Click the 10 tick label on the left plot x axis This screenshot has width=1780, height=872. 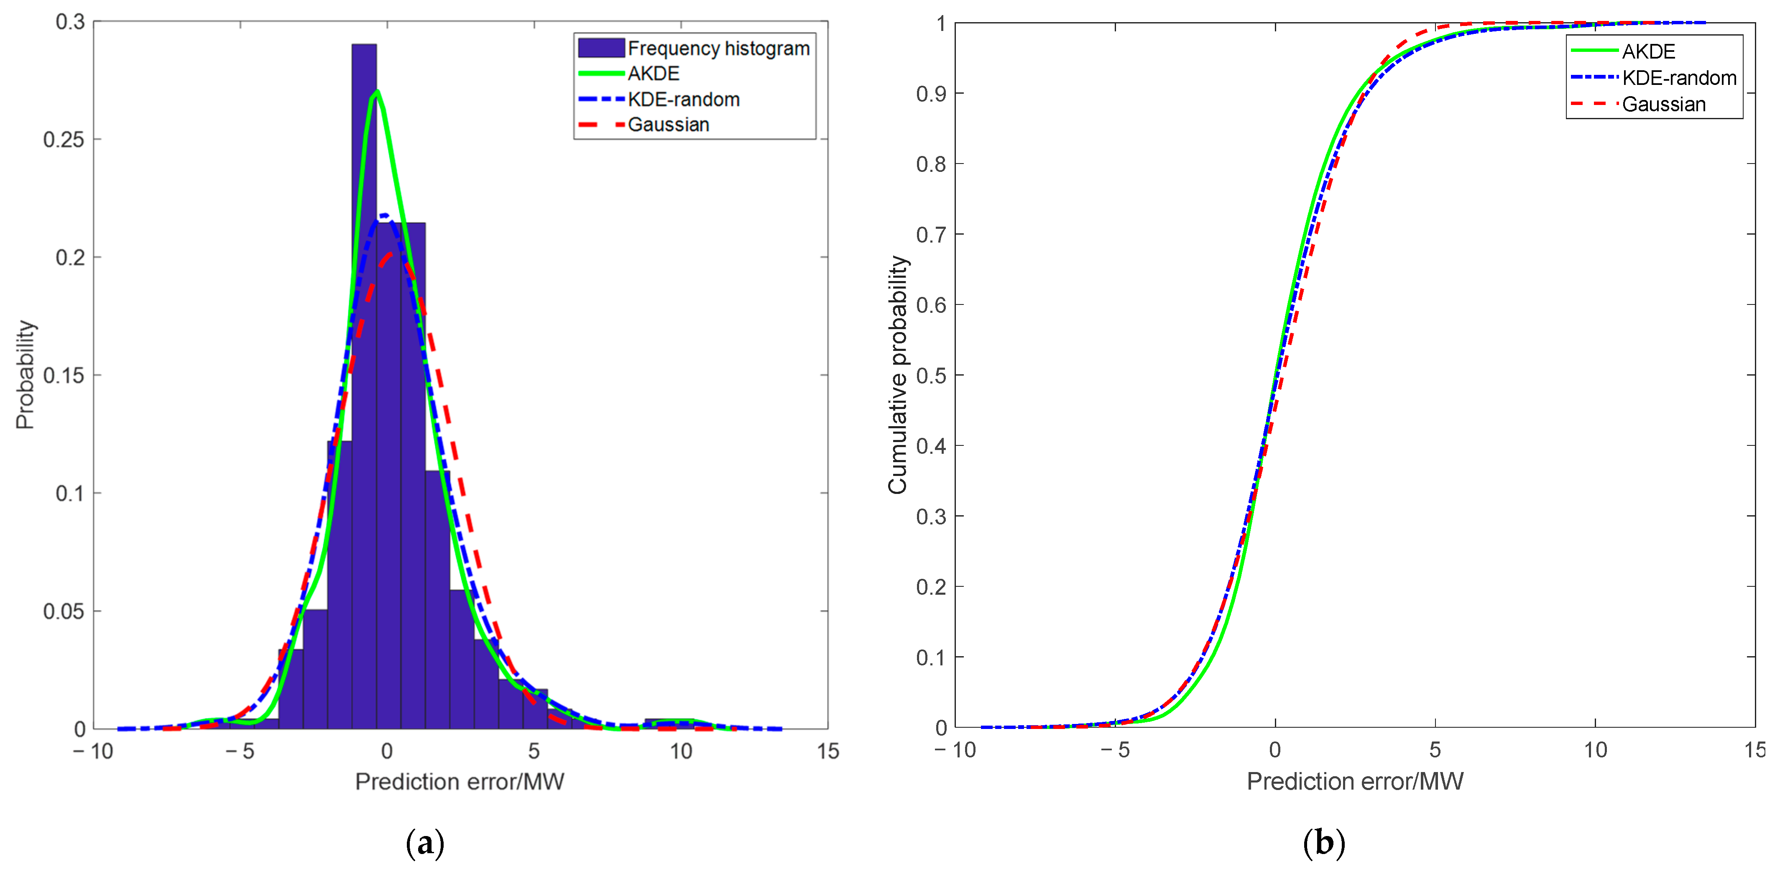coord(681,751)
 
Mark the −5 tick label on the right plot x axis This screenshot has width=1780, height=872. coord(1115,750)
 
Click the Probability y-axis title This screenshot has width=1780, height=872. coord(26,374)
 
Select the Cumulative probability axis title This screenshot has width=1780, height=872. coord(898,374)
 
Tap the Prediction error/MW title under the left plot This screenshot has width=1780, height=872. coord(460,782)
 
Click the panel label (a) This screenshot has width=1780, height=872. coord(425,844)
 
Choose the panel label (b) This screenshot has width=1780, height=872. coord(1323,844)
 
